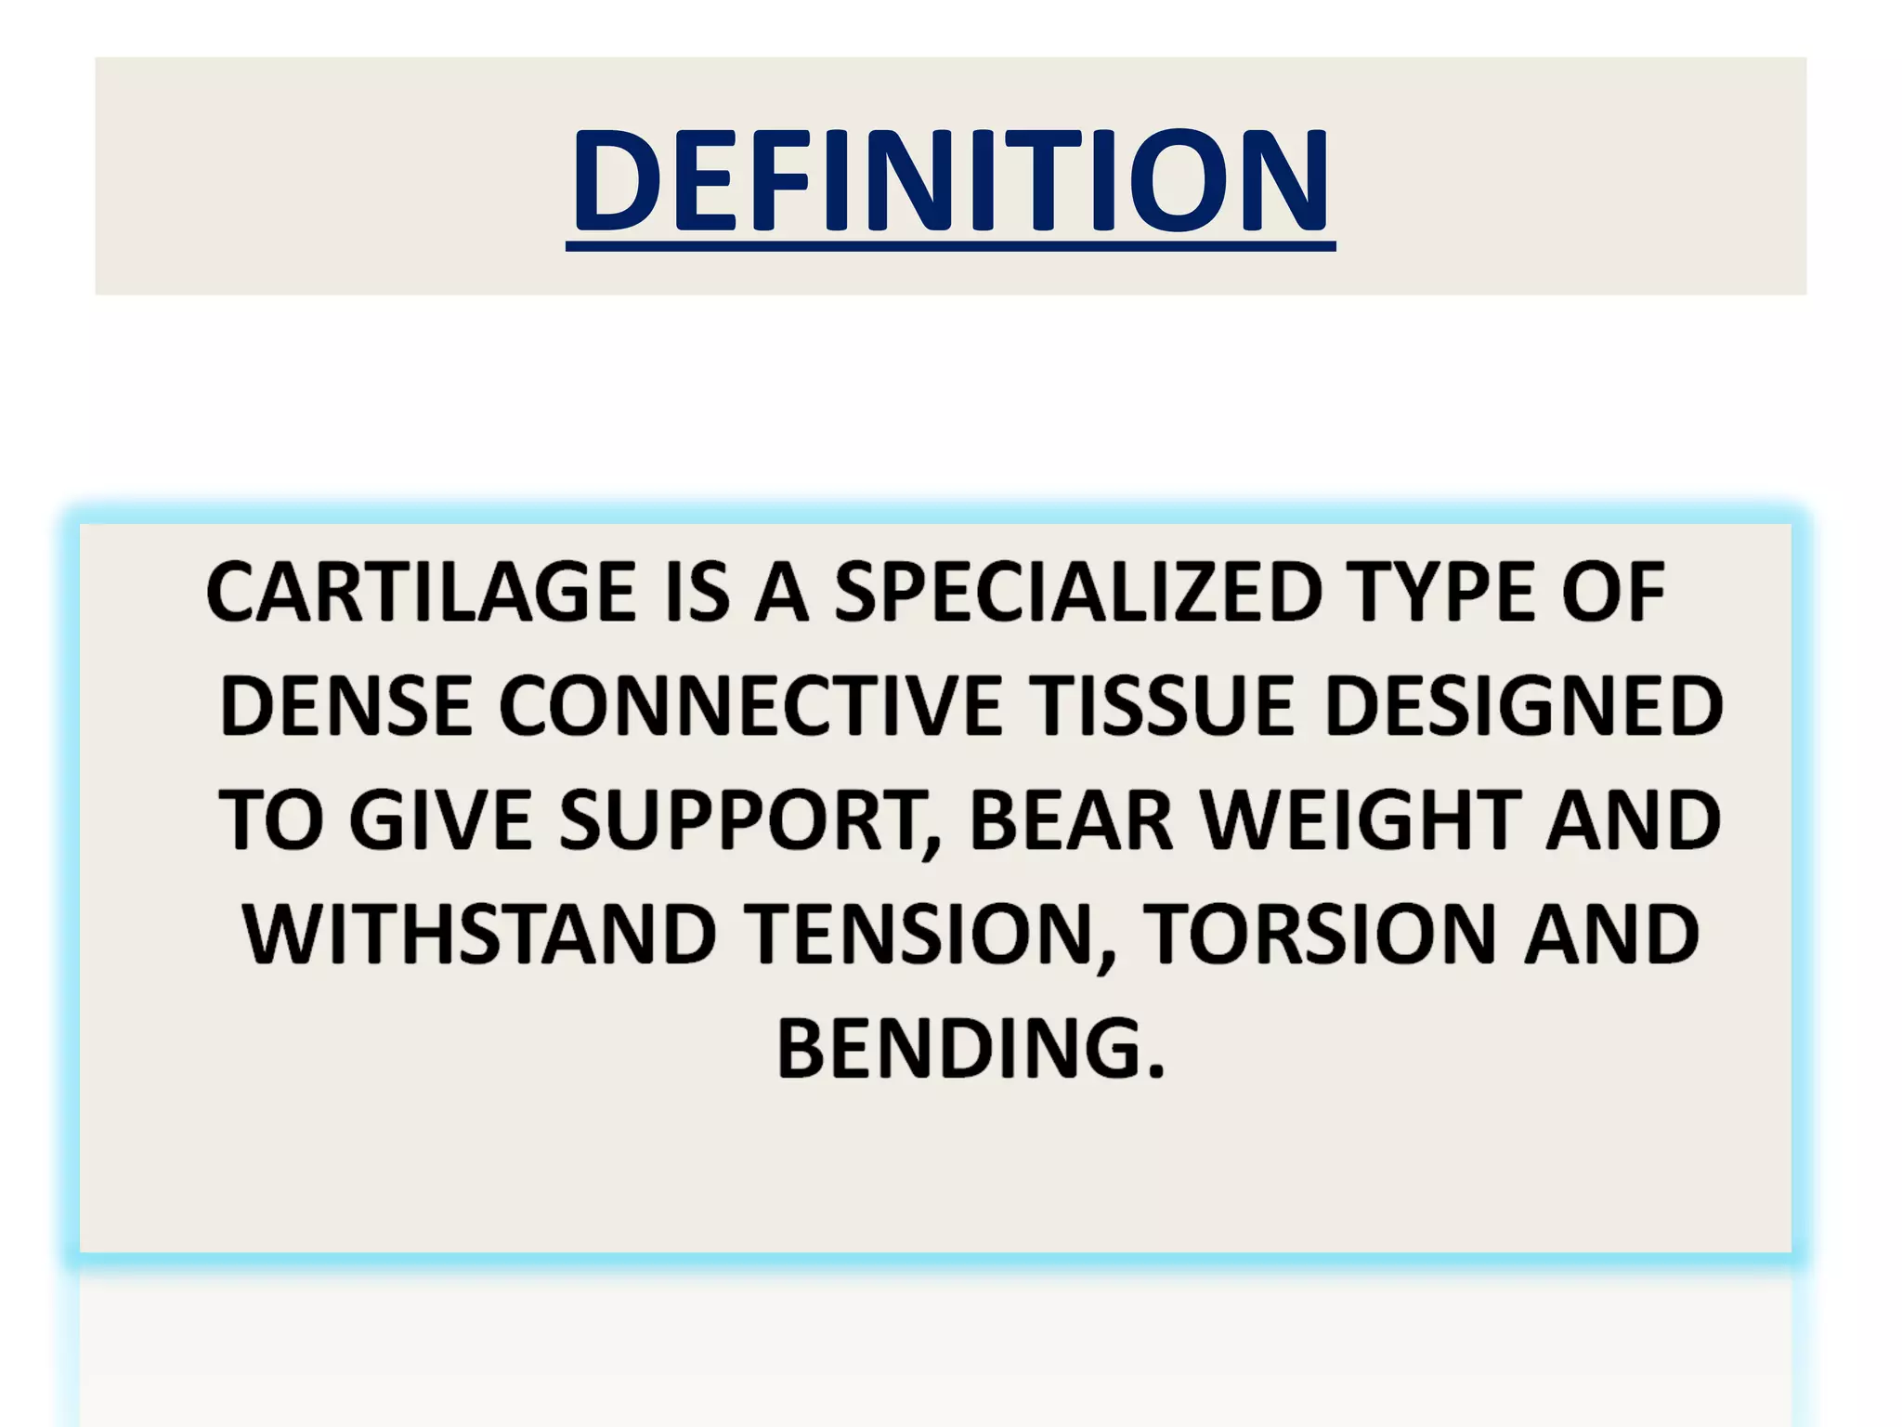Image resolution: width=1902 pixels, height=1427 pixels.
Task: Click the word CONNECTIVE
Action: (750, 707)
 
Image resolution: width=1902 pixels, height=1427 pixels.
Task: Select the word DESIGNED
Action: (1523, 707)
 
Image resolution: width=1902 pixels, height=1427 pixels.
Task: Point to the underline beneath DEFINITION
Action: (950, 246)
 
